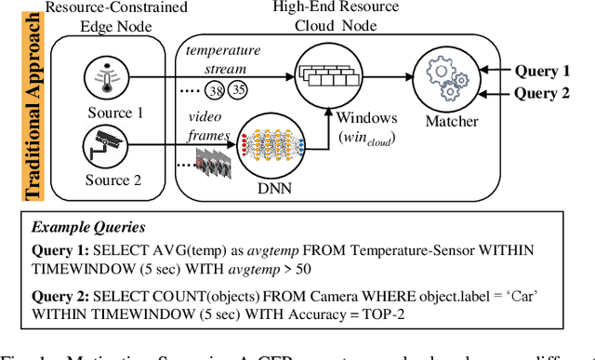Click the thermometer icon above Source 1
112,74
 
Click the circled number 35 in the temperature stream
239,91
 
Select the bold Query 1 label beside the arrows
543,71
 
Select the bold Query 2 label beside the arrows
543,91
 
